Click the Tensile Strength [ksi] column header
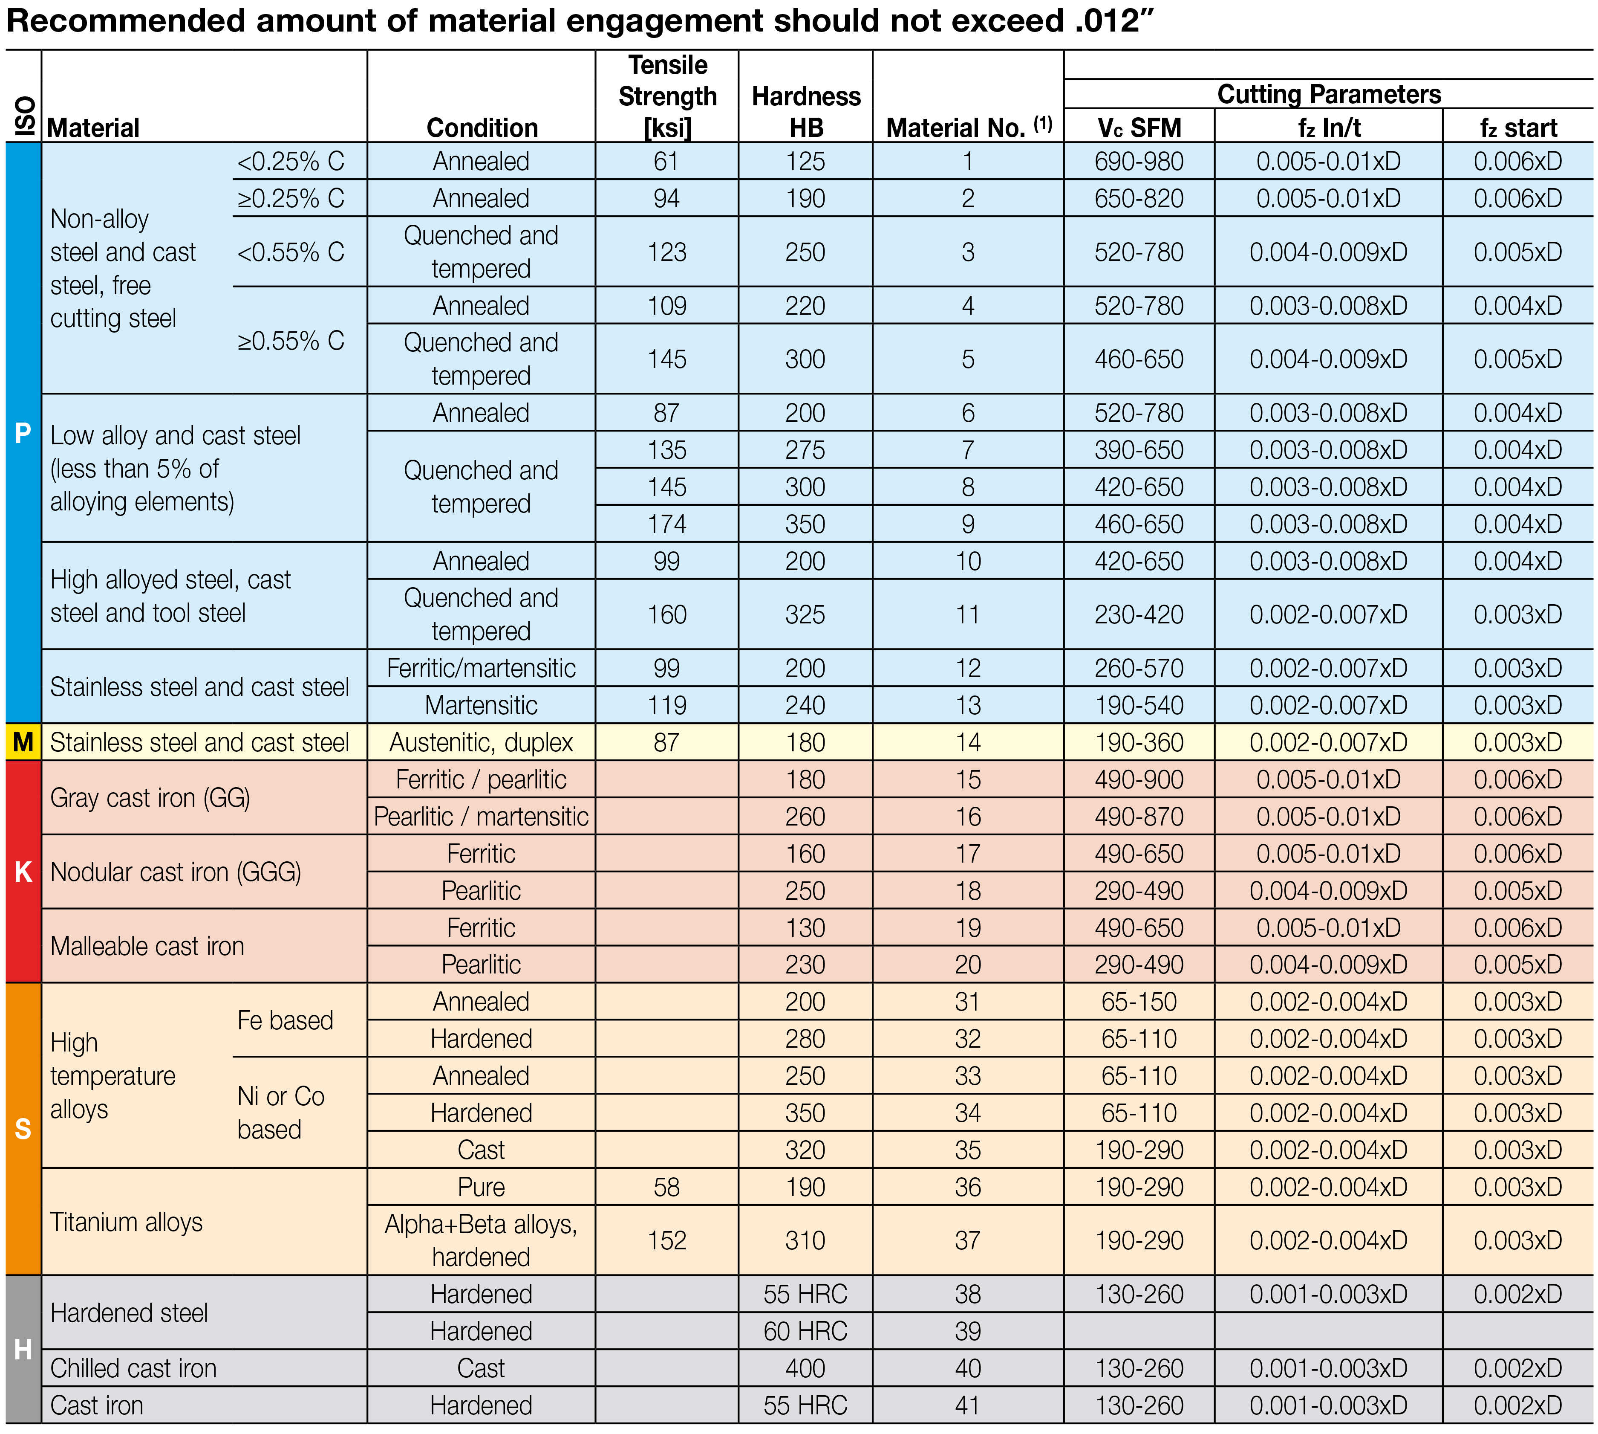667,96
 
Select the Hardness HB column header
806,112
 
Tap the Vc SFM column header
1139,127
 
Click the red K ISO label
23,872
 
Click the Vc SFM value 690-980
1139,162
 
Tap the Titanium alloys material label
126,1222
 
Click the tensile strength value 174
666,524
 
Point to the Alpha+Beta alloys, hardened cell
481,1240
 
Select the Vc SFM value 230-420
1139,614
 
